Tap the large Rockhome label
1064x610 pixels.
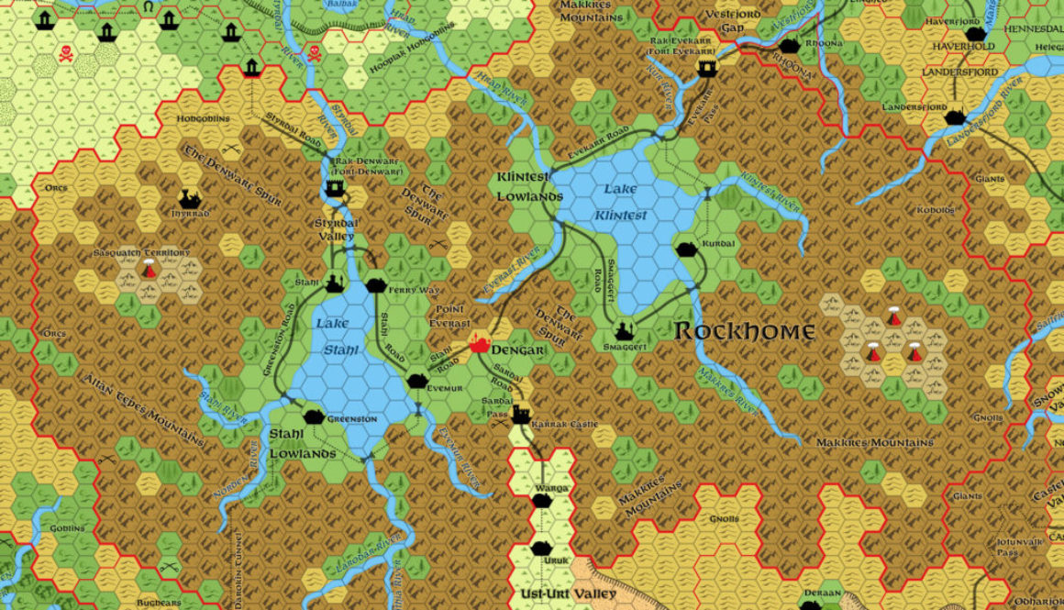click(745, 331)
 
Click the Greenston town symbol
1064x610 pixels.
click(314, 416)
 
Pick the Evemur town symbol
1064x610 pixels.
click(417, 380)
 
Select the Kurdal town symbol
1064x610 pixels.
click(686, 249)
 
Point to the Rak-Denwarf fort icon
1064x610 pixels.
click(336, 189)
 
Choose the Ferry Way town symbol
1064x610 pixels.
click(374, 286)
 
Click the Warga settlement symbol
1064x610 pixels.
click(541, 501)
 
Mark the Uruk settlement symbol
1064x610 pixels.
click(541, 549)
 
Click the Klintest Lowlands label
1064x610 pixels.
click(529, 186)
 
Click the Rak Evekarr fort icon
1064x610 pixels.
click(706, 68)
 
